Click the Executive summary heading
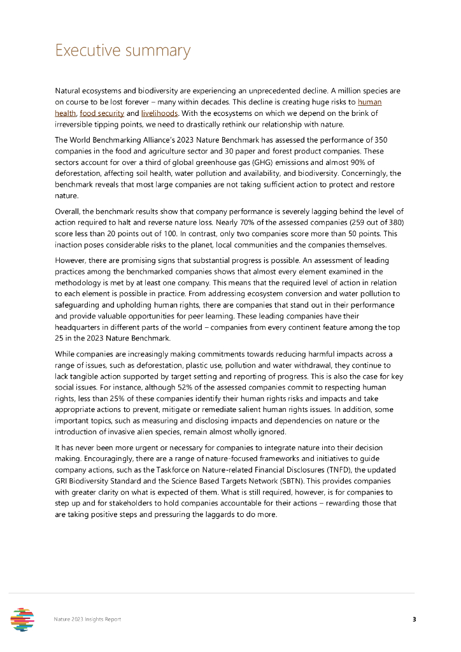122,51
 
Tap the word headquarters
79,327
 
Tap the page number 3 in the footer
414,619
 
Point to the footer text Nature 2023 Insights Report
87,619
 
